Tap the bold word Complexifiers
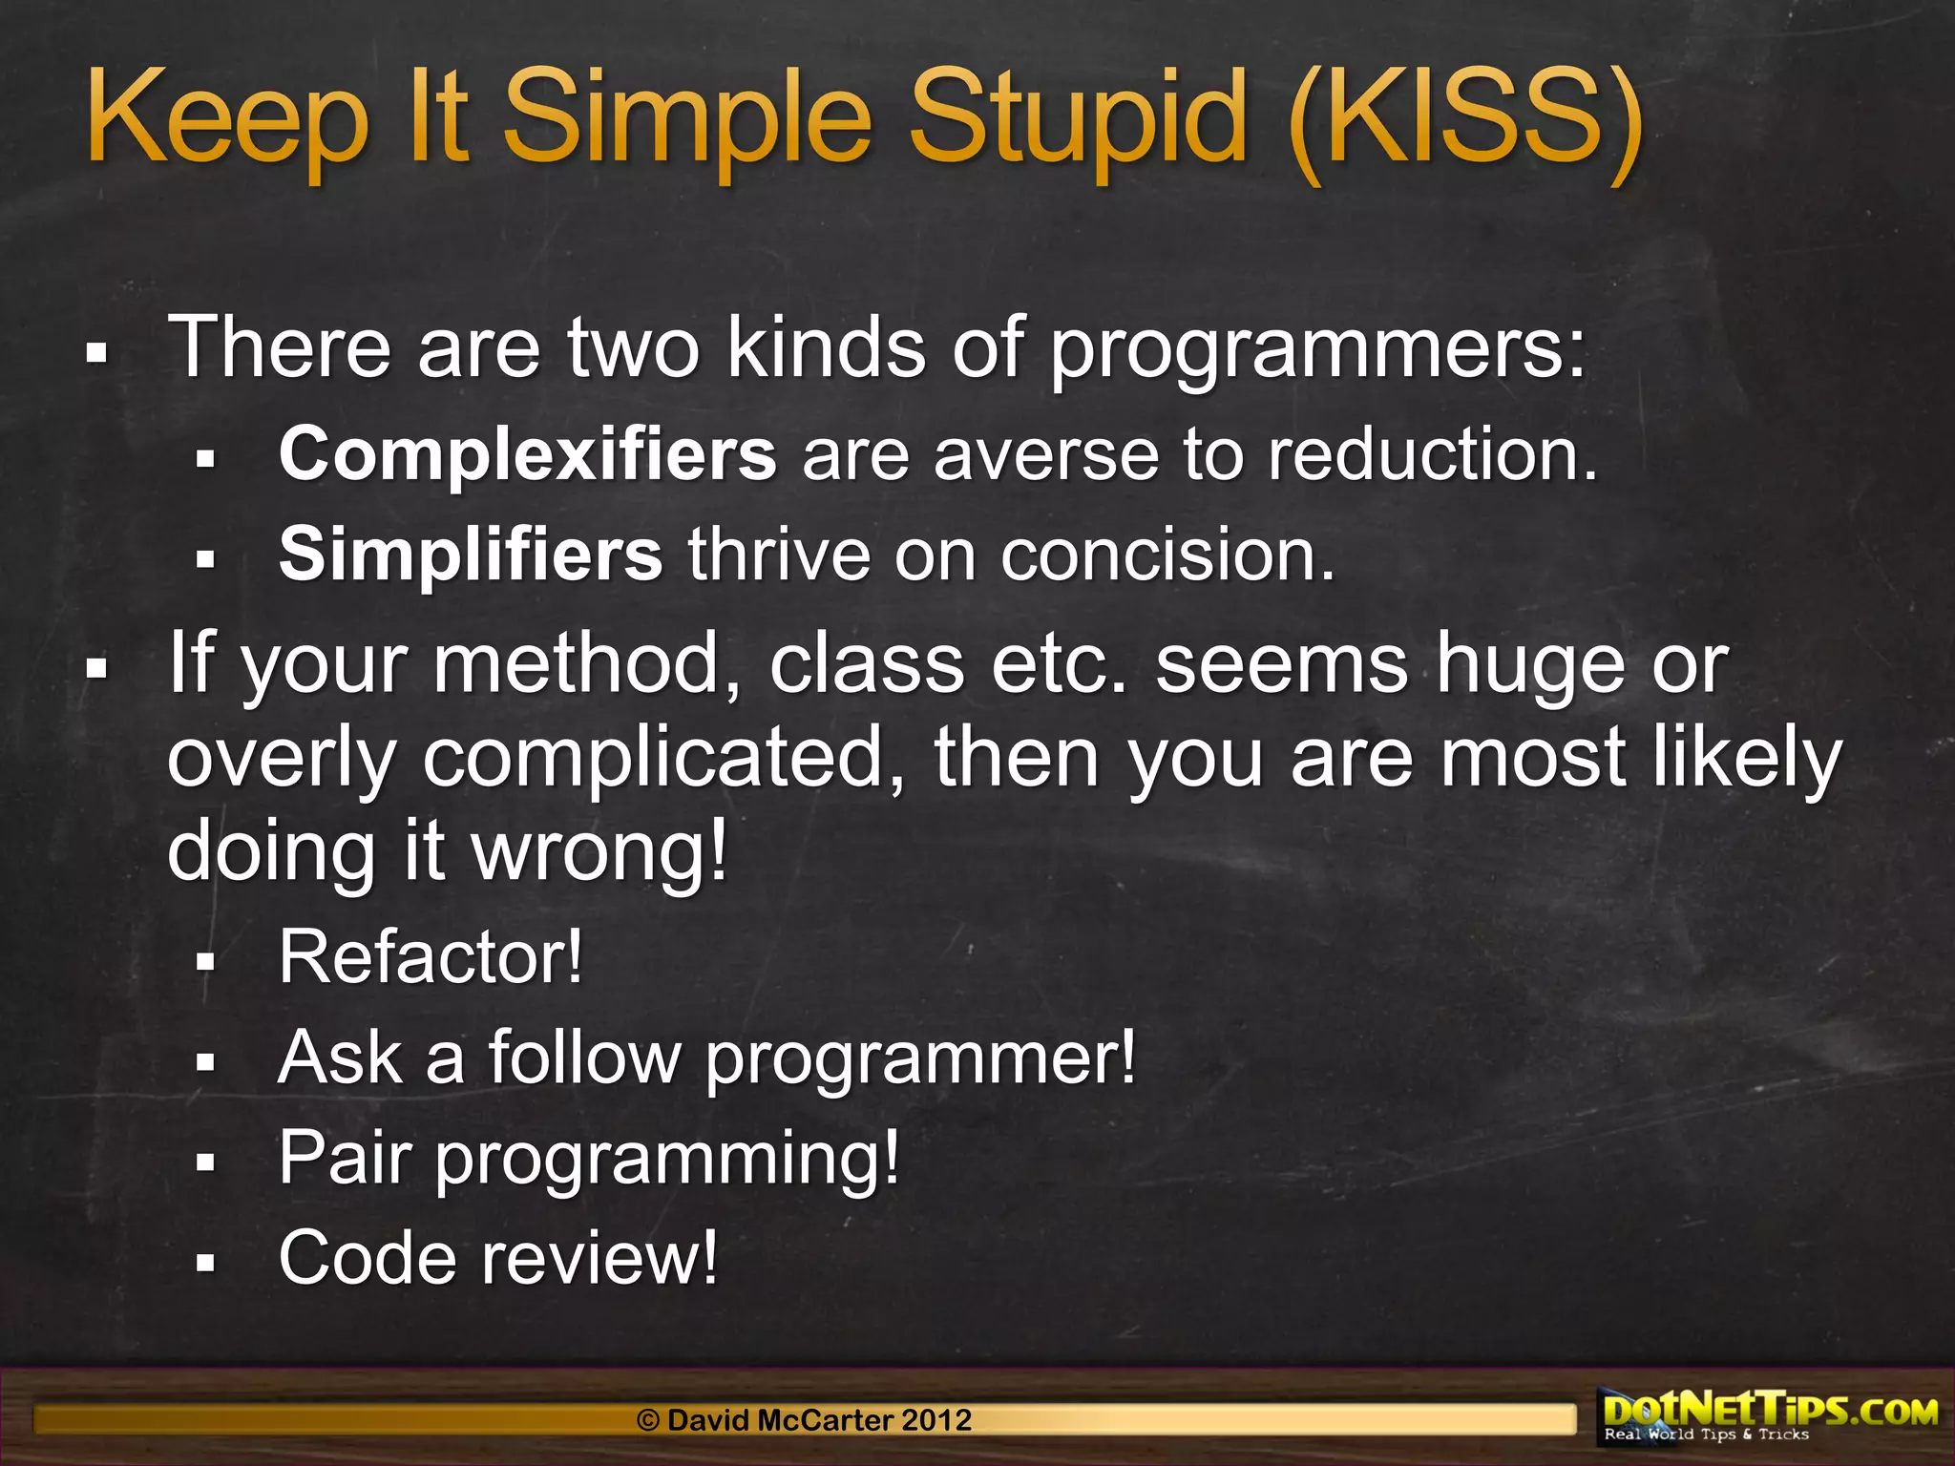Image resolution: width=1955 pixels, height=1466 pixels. coord(527,454)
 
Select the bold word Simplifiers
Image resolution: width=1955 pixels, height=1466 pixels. coord(470,555)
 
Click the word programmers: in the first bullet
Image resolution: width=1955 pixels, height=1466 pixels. coord(1317,349)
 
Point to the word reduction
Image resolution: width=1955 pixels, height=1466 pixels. coord(1432,454)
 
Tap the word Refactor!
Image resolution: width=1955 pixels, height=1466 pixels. coord(430,956)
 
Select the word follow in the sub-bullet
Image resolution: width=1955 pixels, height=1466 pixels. coord(584,1058)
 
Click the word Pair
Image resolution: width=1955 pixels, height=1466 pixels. coord(345,1158)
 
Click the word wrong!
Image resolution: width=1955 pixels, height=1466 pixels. coord(600,851)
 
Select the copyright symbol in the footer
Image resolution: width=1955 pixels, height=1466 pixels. coord(648,1420)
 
